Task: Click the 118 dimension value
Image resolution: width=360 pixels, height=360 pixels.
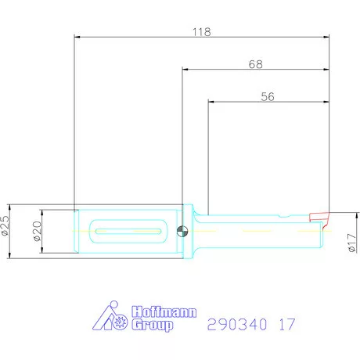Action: tap(201, 32)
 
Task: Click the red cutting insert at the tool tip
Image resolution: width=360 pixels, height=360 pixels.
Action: tap(319, 216)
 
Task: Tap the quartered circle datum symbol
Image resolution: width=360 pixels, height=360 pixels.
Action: tap(182, 230)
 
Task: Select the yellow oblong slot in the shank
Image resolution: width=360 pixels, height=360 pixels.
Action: tap(128, 230)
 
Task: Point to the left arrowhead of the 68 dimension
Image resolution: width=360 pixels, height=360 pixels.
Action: tap(185, 69)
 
